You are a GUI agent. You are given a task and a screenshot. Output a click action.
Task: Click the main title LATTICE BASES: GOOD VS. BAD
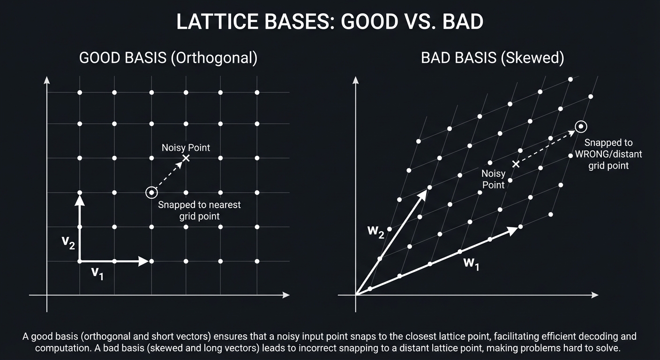(x=330, y=22)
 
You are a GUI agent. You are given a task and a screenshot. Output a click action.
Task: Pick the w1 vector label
(x=471, y=263)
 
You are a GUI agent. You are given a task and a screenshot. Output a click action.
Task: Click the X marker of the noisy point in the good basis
(x=186, y=158)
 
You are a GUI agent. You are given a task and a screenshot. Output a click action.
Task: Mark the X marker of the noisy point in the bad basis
(x=516, y=164)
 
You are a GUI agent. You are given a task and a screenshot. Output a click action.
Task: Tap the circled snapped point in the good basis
(x=151, y=192)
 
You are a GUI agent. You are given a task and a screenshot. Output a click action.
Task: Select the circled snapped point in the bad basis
(x=581, y=126)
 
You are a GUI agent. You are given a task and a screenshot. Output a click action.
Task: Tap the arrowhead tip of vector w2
(x=426, y=191)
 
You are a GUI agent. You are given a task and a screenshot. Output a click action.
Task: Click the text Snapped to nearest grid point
(x=199, y=210)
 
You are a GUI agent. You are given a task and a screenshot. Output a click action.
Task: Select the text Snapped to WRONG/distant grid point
(x=608, y=154)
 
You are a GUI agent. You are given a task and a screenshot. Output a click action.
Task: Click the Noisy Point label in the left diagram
(x=186, y=148)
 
